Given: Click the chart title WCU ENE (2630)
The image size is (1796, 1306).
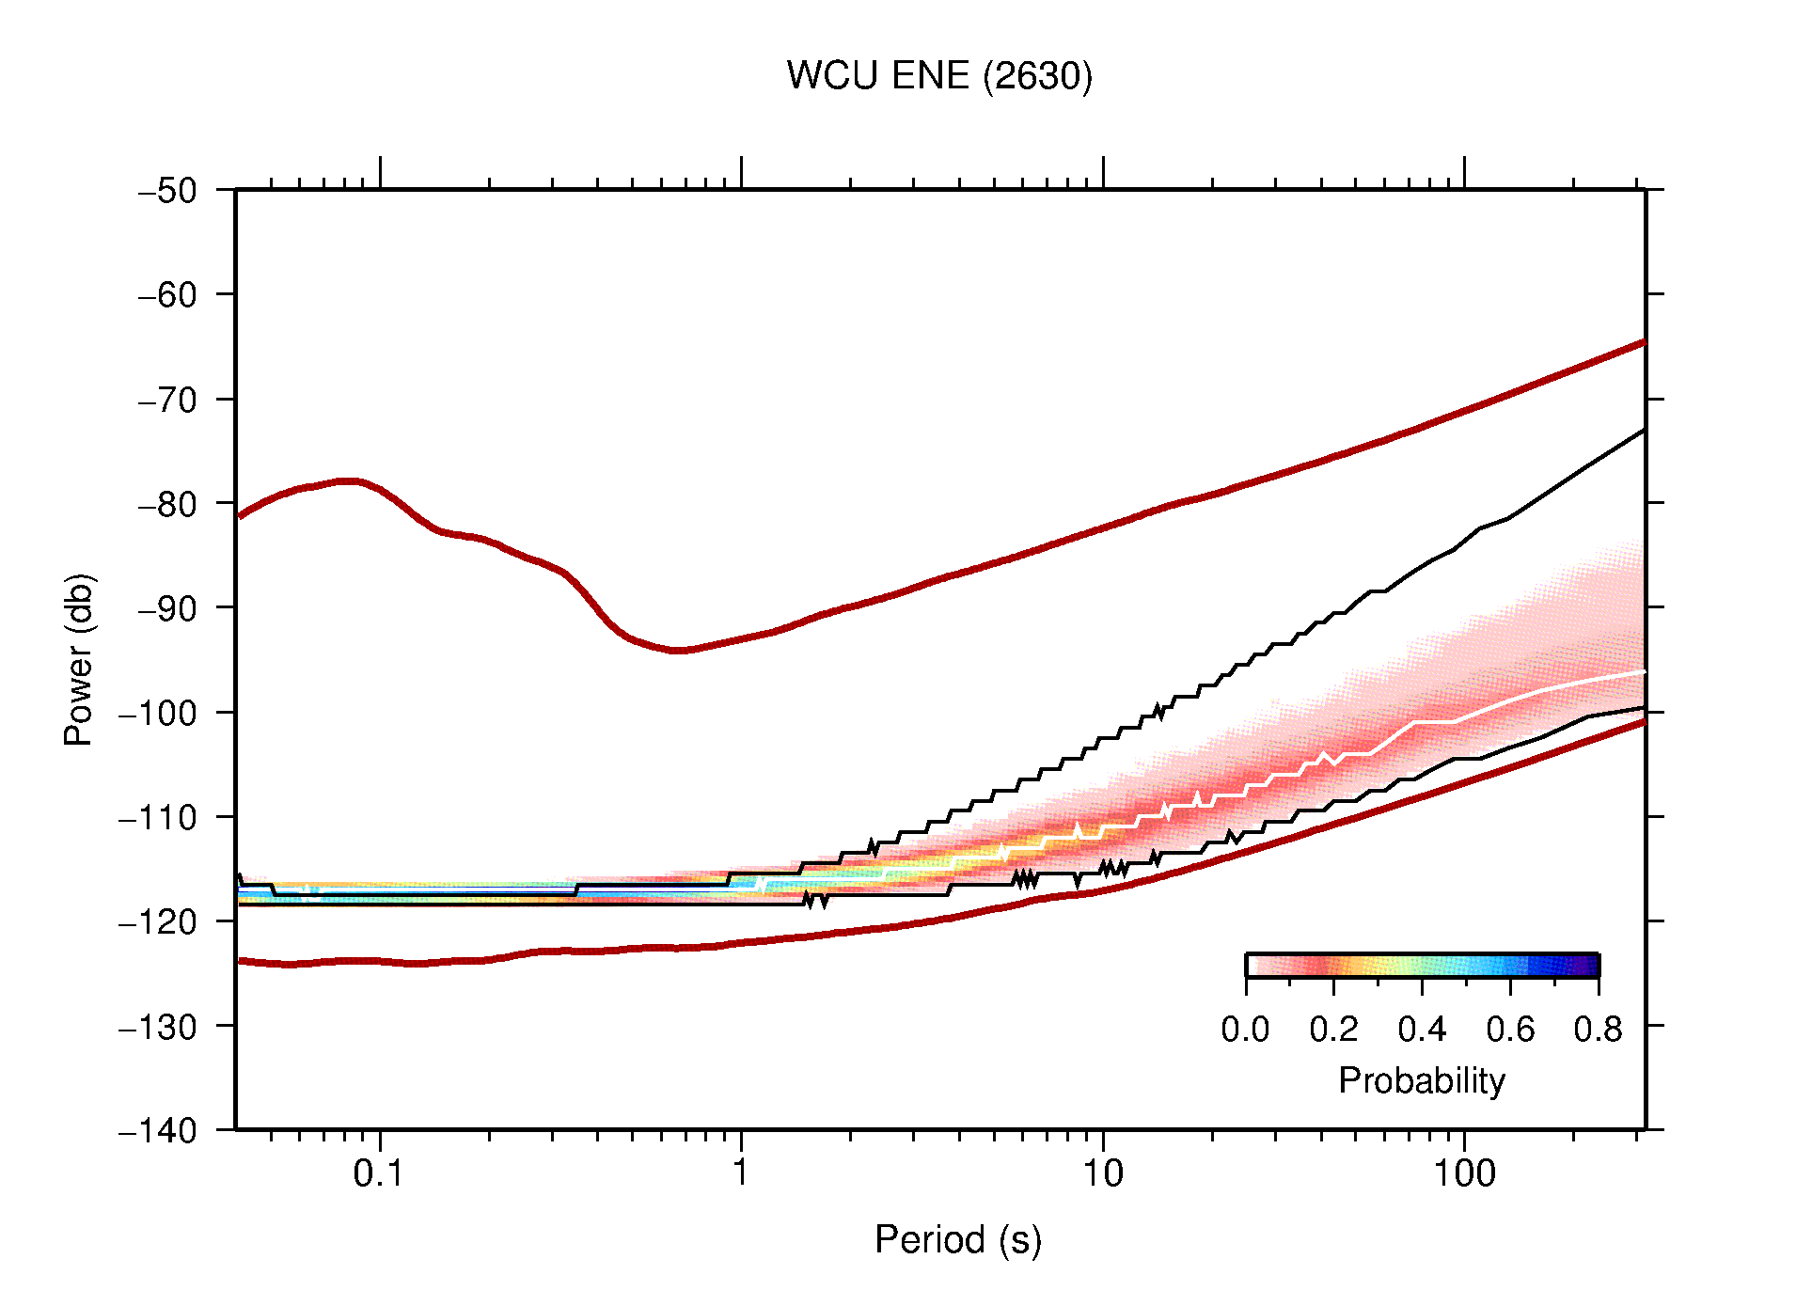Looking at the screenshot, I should pos(939,76).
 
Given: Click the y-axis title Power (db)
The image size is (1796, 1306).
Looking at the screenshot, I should pos(80,659).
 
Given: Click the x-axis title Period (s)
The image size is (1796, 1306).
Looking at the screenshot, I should pos(958,1240).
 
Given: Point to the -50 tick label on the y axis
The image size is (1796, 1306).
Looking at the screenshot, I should pos(167,191).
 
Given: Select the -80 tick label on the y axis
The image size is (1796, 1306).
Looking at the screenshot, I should pos(167,504).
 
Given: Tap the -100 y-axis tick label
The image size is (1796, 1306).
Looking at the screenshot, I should pos(158,713).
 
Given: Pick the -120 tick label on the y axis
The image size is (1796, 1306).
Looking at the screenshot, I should pos(158,921).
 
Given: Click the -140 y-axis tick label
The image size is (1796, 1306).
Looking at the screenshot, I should pos(158,1130).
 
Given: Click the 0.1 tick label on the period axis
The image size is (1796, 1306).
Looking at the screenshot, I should pos(379,1173).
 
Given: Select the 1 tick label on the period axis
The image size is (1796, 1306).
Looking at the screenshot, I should pos(741,1173).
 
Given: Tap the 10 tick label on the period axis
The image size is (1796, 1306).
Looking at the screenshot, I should pos(1102,1173).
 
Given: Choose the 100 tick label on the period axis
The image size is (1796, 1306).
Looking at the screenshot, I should pos(1464,1173).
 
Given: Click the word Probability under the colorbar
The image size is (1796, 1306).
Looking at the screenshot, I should pos(1422,1081).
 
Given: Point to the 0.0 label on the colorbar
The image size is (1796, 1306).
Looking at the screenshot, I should pos(1245,1031).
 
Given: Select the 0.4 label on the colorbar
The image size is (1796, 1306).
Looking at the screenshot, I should pos(1422,1031).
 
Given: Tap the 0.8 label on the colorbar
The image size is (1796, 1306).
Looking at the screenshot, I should pos(1598,1031).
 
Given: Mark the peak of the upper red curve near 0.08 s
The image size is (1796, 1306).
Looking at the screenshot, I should pos(348,480).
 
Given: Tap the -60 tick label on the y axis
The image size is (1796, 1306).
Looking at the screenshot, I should pos(167,295).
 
